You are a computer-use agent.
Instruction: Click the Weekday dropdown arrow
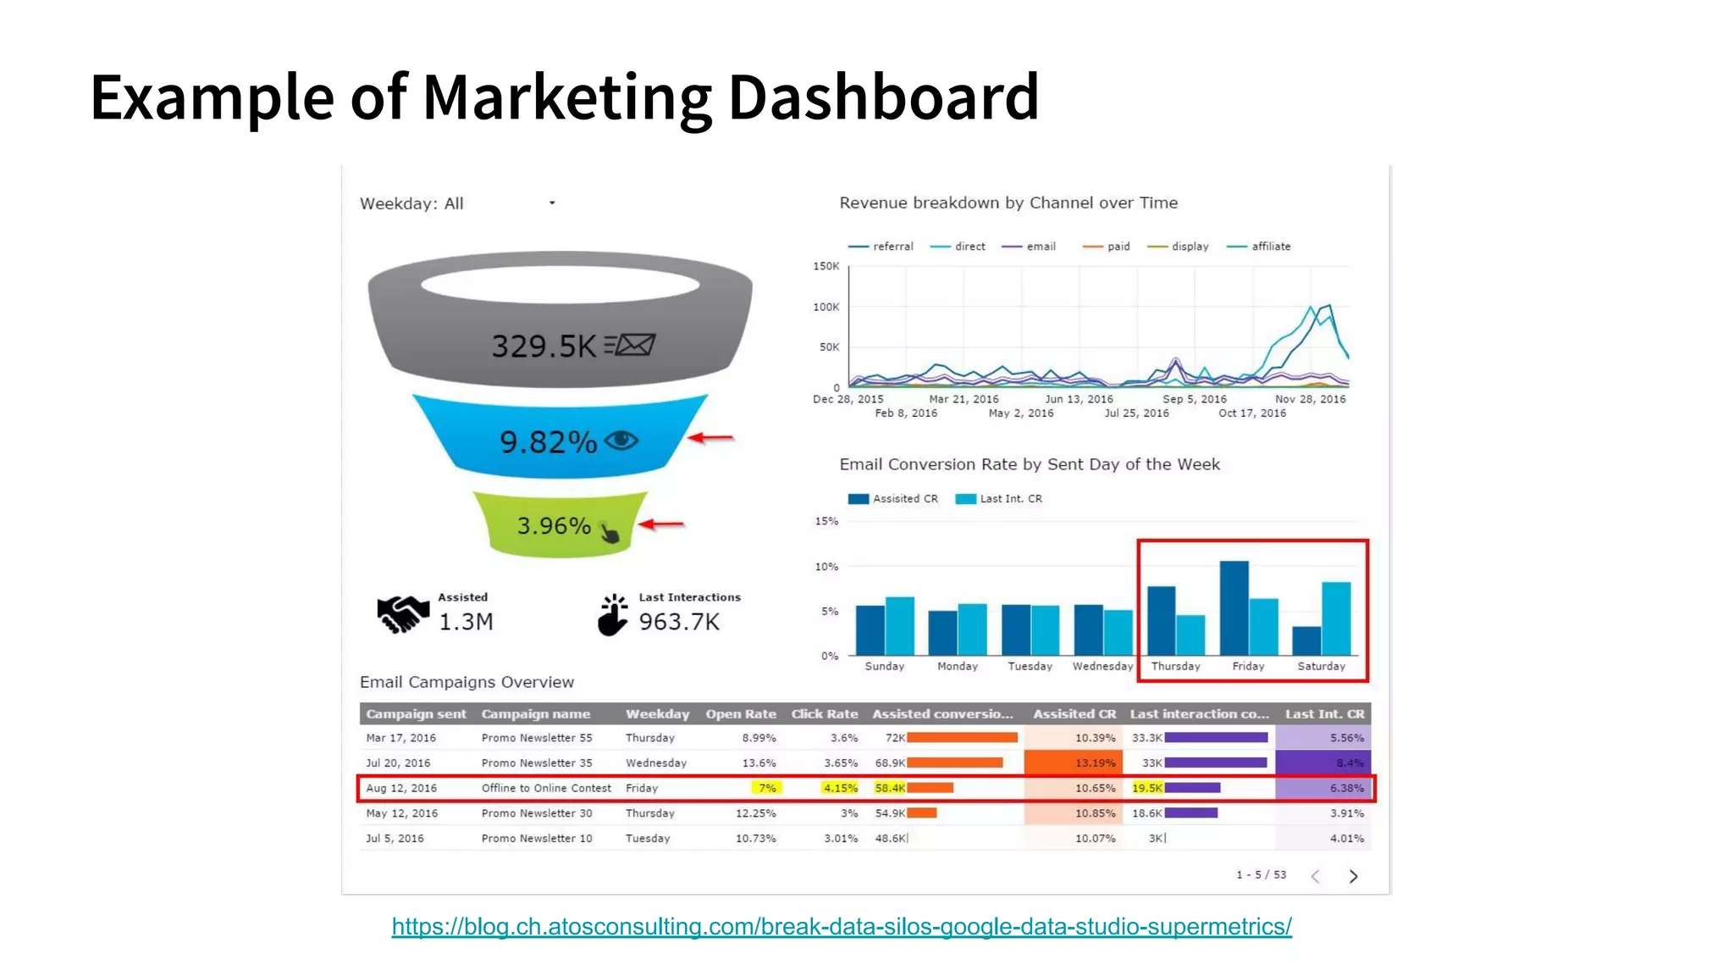[552, 203]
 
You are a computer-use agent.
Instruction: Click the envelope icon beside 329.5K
[631, 345]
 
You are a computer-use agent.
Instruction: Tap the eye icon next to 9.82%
[621, 440]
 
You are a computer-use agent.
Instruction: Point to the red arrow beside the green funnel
[661, 524]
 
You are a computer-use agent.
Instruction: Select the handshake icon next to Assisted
[402, 614]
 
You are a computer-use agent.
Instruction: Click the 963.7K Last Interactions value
[679, 622]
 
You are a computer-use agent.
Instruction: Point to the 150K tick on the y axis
[826, 266]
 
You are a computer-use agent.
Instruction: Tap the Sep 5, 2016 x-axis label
[1194, 399]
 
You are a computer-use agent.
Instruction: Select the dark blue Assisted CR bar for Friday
[1234, 607]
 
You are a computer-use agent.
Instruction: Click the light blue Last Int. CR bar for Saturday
[1336, 618]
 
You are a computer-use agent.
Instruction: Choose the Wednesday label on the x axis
[1102, 667]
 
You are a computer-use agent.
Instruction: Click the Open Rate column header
[741, 714]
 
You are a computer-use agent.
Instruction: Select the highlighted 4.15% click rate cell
[840, 788]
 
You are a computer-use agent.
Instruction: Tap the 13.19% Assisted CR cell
[1095, 763]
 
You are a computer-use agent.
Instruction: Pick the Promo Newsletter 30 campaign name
[537, 813]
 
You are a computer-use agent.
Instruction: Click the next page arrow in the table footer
[1353, 876]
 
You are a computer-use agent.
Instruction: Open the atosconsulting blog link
[842, 927]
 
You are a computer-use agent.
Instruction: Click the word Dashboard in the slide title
[883, 97]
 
